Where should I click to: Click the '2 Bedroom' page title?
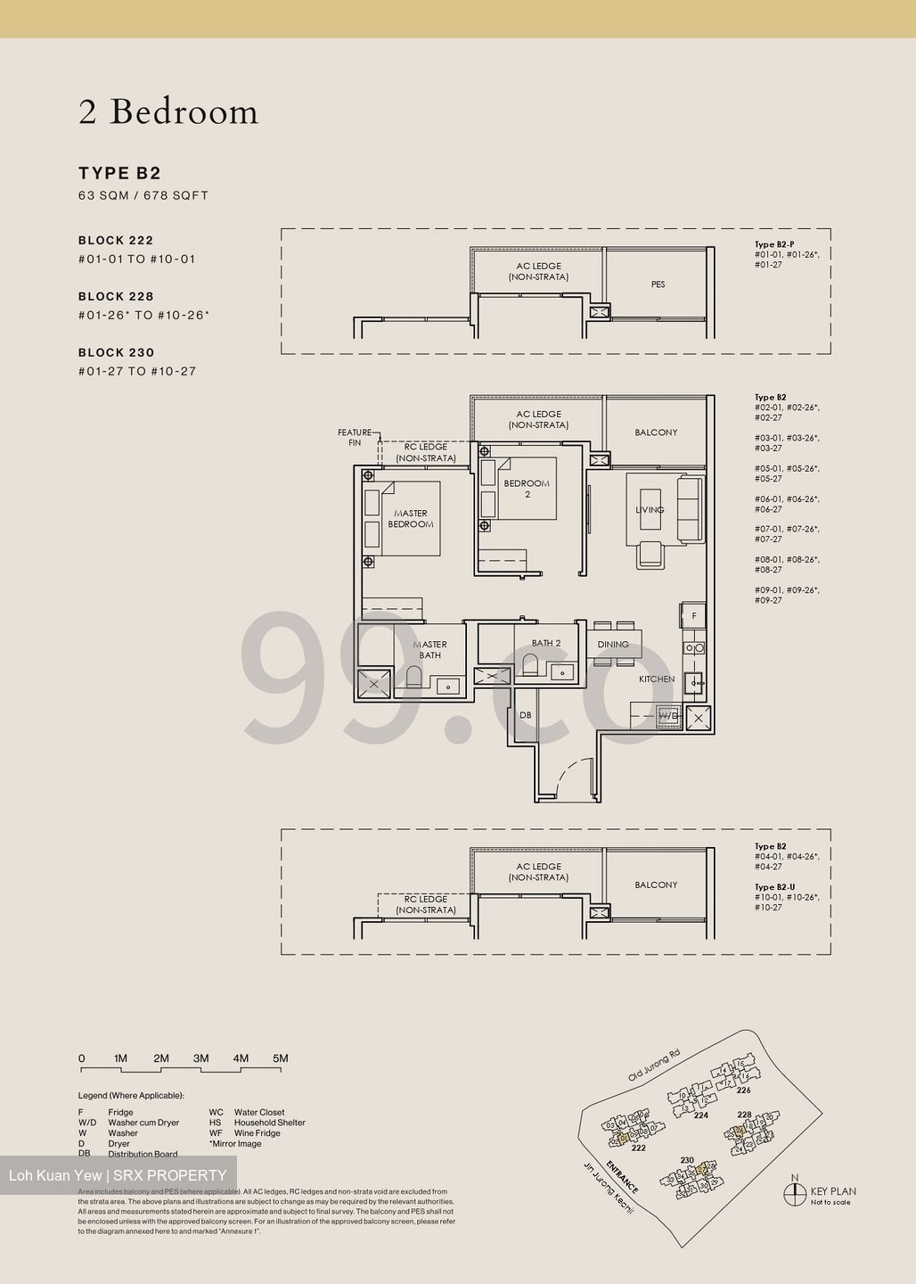point(168,112)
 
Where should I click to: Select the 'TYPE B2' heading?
point(119,173)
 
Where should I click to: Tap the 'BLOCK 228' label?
point(116,296)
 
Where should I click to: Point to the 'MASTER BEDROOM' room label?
point(410,519)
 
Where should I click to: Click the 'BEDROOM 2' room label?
point(527,489)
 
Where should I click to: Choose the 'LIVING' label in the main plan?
point(650,510)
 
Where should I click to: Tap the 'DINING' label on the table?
point(613,644)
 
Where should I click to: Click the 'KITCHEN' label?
point(657,679)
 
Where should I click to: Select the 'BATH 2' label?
point(546,643)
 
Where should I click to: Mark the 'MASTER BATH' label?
point(429,649)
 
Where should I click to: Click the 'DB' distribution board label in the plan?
point(526,715)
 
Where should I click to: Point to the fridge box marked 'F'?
point(694,616)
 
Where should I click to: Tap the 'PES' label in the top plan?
point(658,284)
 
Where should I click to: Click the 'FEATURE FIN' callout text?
point(355,437)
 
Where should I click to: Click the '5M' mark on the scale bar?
point(281,1058)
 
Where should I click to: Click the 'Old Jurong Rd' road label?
point(653,1065)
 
